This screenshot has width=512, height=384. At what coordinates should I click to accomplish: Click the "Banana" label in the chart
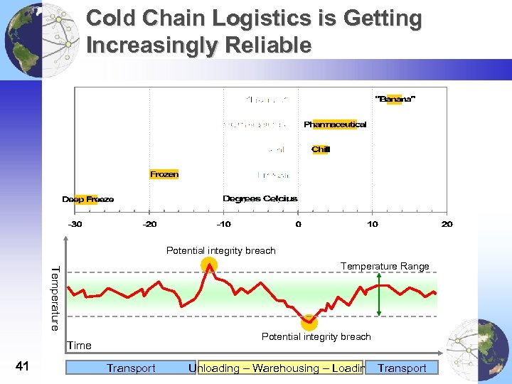point(395,99)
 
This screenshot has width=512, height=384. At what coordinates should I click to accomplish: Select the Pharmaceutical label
point(335,124)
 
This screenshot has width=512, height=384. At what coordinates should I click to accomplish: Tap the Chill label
point(321,149)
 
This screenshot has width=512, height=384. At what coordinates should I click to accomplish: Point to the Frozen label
point(164,174)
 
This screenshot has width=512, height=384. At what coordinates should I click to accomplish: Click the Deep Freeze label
point(87,199)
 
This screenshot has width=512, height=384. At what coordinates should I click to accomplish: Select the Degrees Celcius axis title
point(260,198)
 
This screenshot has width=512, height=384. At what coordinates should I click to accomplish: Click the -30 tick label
point(74,224)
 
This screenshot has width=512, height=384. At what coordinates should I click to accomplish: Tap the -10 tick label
point(223,224)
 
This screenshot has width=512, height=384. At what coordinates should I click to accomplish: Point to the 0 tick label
point(298,224)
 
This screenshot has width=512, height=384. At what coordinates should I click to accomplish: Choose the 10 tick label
point(373,224)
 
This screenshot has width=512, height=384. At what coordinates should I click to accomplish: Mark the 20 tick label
point(447,224)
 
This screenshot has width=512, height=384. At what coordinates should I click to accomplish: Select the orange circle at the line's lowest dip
point(309,321)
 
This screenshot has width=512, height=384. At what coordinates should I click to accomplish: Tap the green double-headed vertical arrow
point(380,299)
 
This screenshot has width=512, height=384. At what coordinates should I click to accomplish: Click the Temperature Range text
point(385,266)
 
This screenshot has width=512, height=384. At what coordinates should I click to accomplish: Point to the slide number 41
point(22,366)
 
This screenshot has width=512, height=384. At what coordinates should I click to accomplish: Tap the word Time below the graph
point(79,346)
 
